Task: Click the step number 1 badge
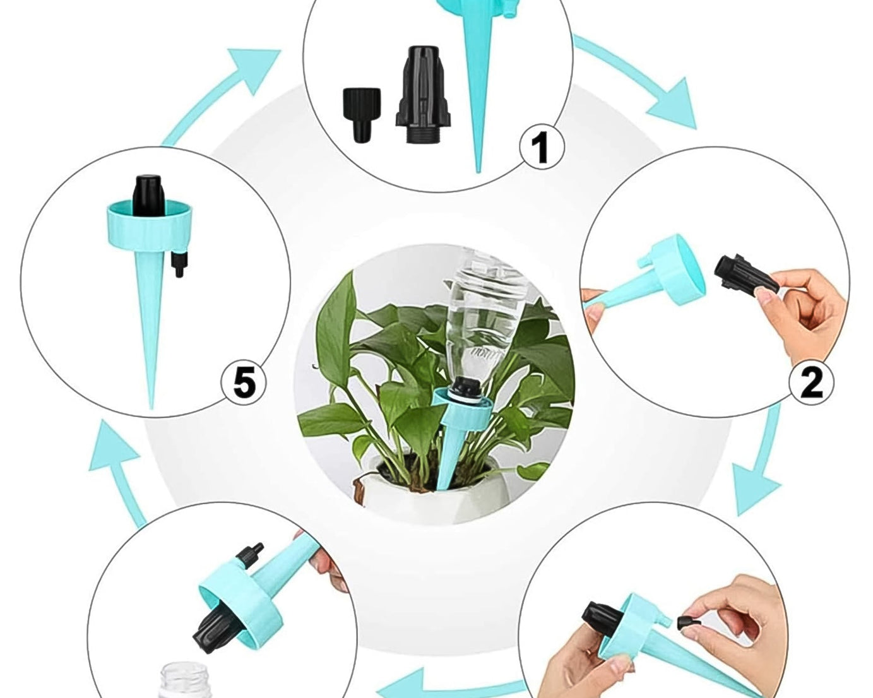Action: pos(542,147)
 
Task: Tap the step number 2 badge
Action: pos(812,381)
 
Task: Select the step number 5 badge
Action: pos(244,382)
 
